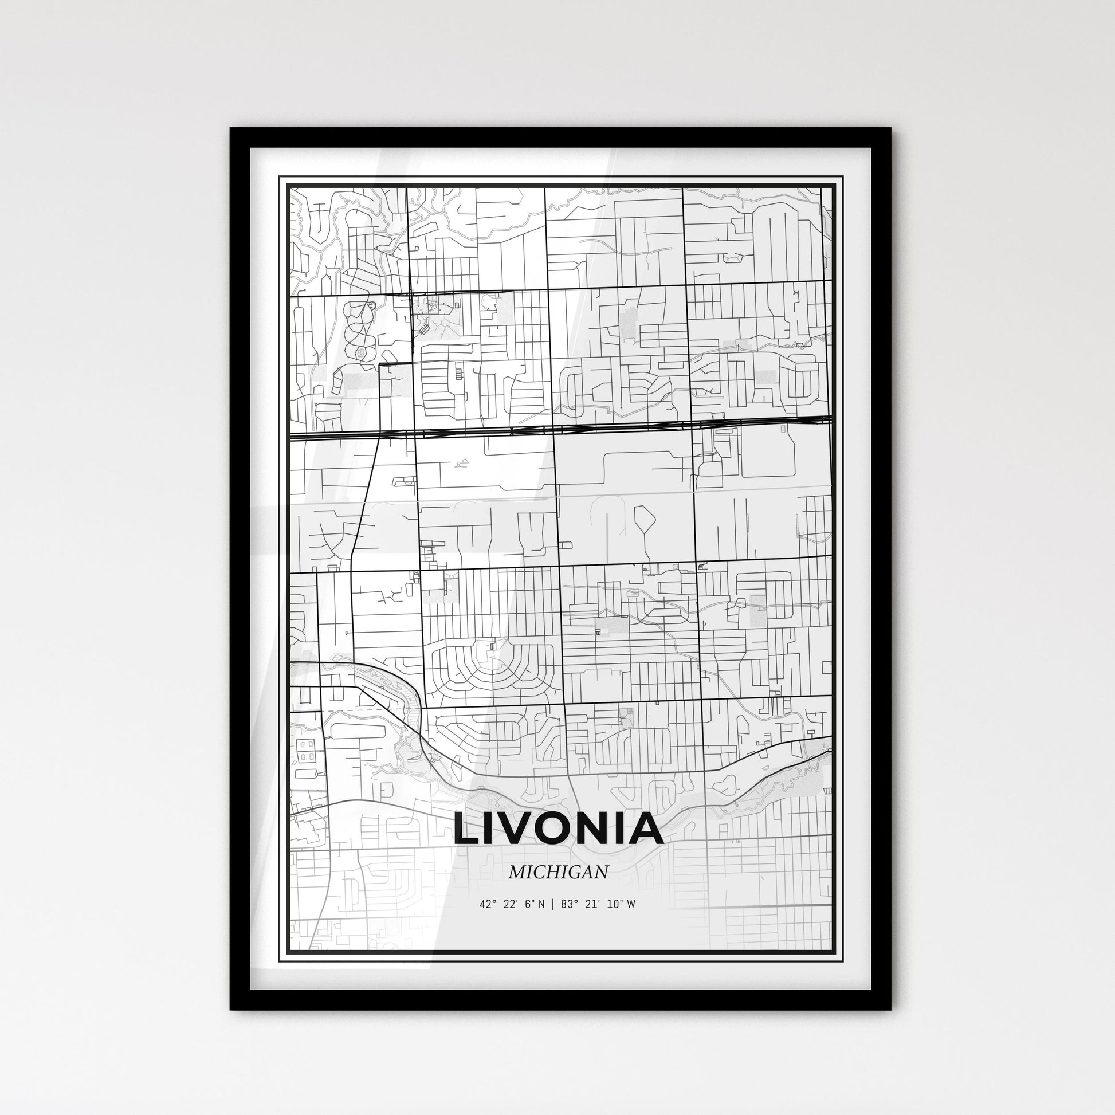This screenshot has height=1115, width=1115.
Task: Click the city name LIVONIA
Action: click(558, 828)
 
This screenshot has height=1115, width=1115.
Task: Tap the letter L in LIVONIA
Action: click(466, 829)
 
